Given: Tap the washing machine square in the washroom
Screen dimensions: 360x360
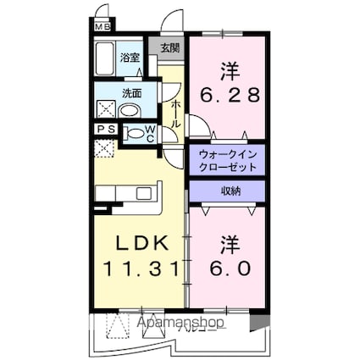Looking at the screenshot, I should click(x=106, y=108).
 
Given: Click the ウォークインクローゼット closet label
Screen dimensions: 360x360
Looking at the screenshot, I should click(x=226, y=160).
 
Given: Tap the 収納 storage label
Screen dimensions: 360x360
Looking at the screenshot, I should click(x=226, y=191).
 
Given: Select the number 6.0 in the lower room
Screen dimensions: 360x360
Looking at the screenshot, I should click(x=226, y=268).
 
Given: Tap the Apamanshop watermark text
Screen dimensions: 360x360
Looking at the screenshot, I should click(x=174, y=323).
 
